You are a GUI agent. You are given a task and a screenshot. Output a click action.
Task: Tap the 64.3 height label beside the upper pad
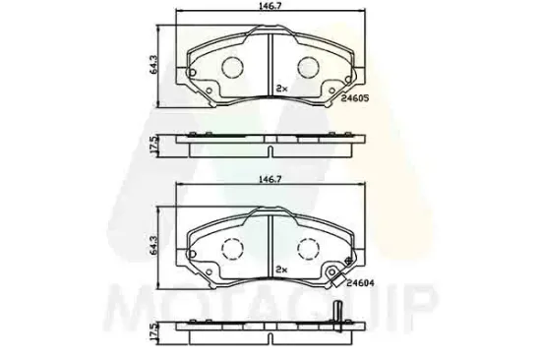click(153, 64)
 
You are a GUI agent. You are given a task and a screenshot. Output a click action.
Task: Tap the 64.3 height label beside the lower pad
click(153, 245)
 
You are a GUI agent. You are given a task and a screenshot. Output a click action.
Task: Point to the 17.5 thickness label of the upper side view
click(153, 145)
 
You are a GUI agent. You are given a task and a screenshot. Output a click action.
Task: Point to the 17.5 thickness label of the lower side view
click(153, 331)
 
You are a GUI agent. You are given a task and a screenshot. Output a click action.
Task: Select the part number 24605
click(355, 98)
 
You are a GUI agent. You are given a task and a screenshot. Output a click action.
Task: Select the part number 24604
click(360, 283)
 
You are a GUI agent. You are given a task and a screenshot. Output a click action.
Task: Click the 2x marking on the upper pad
click(282, 89)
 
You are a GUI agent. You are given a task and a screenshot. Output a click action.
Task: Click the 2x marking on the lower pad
click(282, 270)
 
